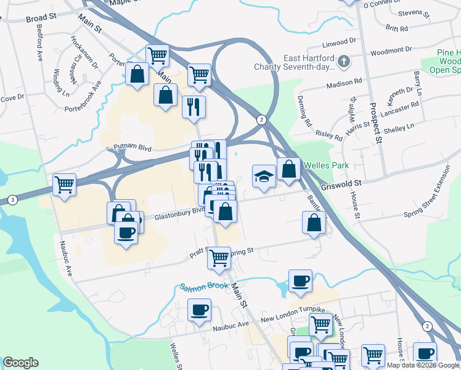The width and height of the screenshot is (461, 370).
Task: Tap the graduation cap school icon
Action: click(264, 176)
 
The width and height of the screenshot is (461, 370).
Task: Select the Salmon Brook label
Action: click(204, 286)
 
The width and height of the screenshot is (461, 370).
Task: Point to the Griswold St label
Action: click(341, 183)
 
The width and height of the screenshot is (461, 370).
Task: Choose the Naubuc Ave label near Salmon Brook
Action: click(230, 324)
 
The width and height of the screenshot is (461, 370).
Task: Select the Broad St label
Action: click(41, 18)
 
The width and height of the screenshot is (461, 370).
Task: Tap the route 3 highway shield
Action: click(12, 200)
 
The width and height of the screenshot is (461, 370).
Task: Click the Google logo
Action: click(20, 363)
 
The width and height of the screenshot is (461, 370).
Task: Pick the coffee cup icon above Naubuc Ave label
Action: click(200, 310)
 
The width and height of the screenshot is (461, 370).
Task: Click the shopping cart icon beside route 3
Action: click(64, 184)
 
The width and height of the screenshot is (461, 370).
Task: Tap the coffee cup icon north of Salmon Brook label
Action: click(300, 281)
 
